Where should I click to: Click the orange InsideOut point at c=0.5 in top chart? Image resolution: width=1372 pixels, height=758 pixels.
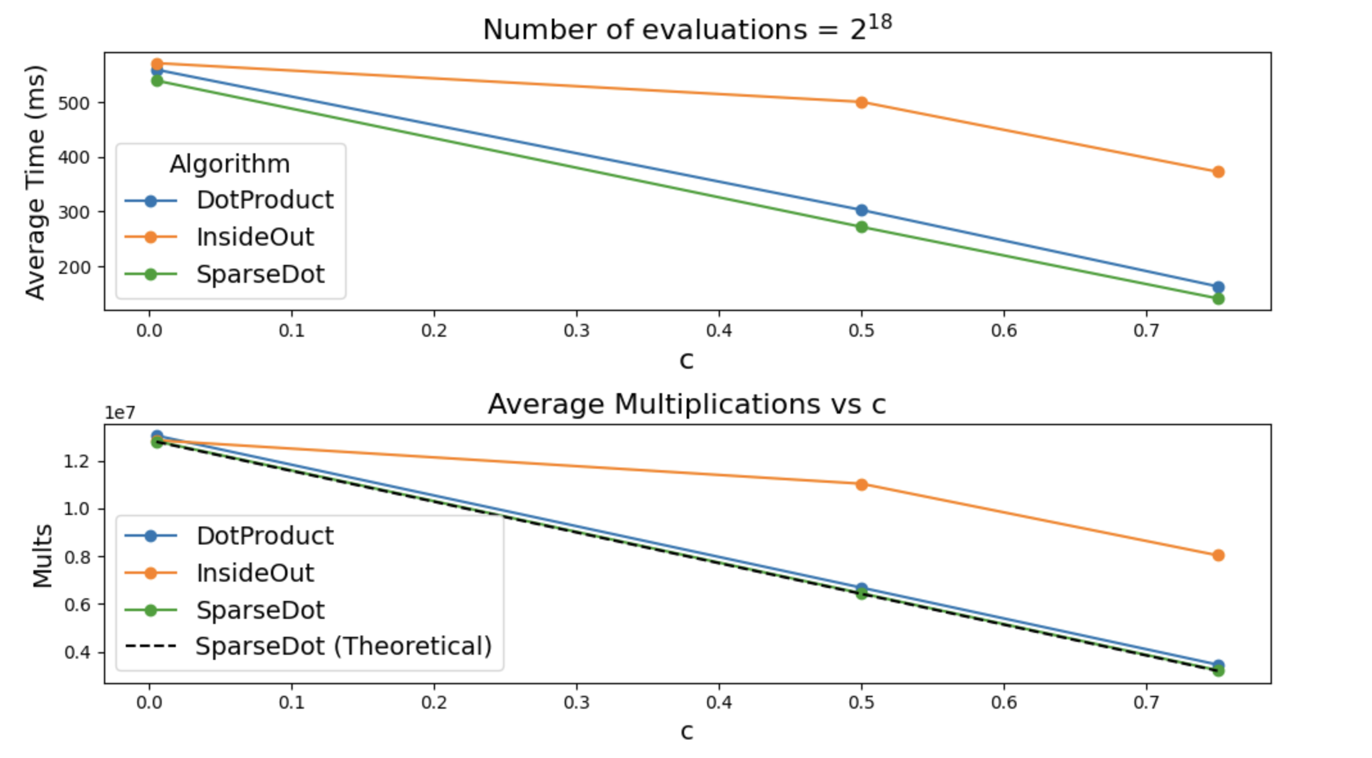point(861,103)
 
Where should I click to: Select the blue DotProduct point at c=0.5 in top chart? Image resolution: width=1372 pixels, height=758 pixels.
point(861,210)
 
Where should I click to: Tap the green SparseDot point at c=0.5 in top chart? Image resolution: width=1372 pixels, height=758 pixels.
point(861,227)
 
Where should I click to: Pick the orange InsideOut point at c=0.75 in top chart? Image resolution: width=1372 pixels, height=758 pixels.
point(1218,172)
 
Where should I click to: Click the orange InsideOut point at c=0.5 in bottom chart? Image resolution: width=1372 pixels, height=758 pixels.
point(861,484)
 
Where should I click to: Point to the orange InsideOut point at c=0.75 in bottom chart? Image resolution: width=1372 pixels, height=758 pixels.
point(1218,555)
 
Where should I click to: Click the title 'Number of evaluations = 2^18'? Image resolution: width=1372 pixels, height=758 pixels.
point(687,29)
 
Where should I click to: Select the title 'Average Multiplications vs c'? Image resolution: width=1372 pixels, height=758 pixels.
point(687,404)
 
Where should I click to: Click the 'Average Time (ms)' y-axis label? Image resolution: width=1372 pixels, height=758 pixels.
point(35,182)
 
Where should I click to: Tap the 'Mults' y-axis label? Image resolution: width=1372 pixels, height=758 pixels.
point(42,555)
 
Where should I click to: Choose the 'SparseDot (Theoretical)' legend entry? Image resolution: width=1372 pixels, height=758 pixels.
point(343,646)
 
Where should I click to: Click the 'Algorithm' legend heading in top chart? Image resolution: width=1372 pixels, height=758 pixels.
point(230,164)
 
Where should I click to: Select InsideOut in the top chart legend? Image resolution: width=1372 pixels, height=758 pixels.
point(255,237)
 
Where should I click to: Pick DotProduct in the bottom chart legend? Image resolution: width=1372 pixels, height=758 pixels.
point(264,536)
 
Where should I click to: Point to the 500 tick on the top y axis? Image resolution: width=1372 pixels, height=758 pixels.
point(73,103)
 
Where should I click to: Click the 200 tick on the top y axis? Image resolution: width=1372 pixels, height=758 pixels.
point(73,267)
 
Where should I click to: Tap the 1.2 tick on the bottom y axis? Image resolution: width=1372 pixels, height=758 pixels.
point(76,462)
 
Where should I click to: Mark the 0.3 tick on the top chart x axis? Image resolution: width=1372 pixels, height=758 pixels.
point(576,331)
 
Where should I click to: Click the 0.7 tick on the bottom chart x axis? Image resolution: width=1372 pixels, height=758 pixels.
point(1146,703)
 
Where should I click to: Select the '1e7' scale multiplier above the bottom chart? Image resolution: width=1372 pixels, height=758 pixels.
point(120,413)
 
